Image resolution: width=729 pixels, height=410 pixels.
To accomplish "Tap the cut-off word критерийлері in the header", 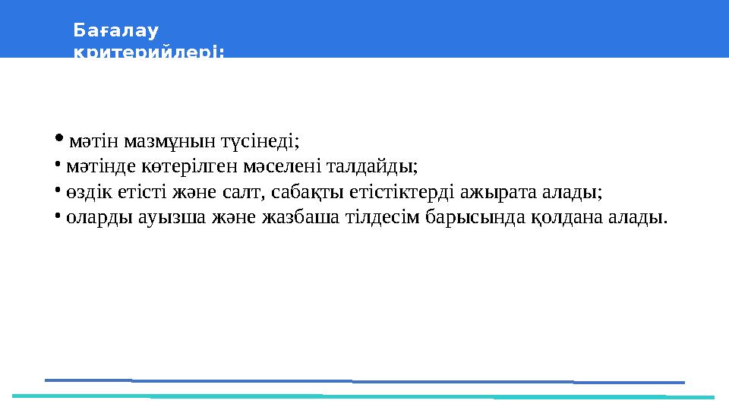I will [149, 52].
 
